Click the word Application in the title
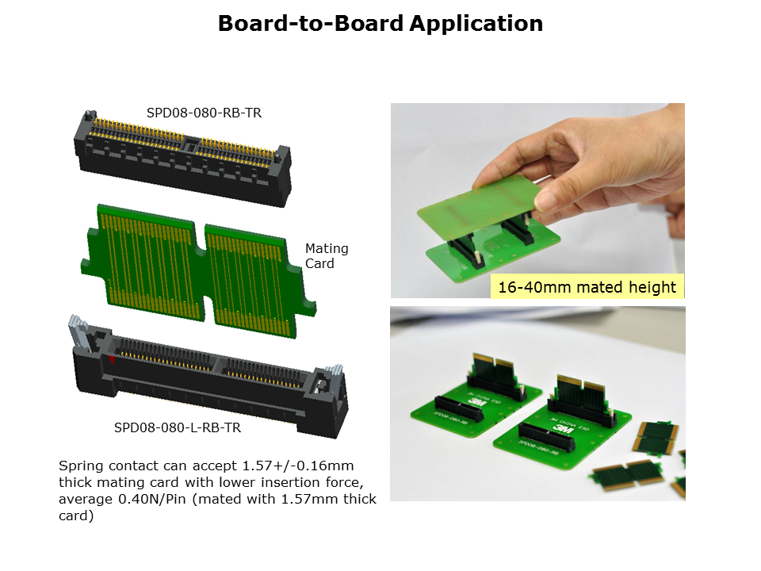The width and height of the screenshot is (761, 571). click(476, 24)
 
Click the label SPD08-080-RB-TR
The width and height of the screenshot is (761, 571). click(204, 113)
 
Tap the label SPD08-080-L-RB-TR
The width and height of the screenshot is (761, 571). click(177, 427)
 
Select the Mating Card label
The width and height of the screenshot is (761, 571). click(327, 256)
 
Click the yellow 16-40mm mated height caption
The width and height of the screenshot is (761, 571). click(587, 287)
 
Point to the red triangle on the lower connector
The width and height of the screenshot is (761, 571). click(112, 360)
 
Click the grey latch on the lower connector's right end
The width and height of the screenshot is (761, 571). click(334, 376)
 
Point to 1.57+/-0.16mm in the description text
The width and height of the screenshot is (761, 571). click(297, 466)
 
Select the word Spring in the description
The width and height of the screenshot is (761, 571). click(81, 466)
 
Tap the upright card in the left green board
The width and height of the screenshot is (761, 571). click(495, 370)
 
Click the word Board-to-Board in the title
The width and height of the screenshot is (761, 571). click(311, 24)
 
